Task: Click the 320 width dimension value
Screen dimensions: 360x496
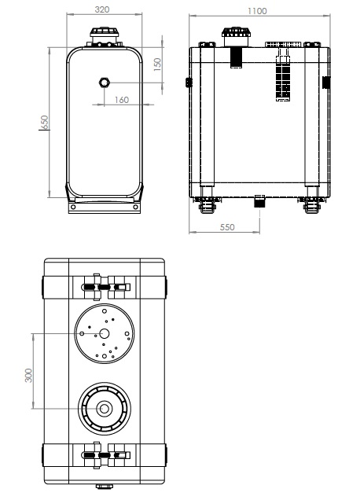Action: point(102,9)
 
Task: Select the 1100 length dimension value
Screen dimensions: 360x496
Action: point(257,11)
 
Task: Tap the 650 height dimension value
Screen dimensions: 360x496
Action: point(46,122)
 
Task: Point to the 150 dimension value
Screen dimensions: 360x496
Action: point(157,64)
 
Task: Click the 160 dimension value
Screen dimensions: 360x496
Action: point(122,100)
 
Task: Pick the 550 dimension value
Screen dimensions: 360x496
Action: point(227,227)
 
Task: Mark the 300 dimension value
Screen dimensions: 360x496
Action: point(28,375)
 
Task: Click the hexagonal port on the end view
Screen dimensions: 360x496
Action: point(104,83)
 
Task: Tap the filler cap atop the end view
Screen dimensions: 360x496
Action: point(104,32)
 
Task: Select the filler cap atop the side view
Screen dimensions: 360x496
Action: point(236,32)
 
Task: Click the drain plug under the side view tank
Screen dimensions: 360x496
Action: point(259,201)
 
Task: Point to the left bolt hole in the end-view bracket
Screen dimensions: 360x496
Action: point(73,207)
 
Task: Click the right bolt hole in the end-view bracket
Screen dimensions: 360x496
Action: point(136,207)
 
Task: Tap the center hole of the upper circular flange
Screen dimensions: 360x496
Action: point(104,333)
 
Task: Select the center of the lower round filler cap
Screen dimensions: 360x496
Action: point(104,409)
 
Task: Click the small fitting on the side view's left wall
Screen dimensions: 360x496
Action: point(189,83)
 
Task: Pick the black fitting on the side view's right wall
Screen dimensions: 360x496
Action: point(326,83)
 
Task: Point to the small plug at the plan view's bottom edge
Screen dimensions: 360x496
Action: point(104,487)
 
